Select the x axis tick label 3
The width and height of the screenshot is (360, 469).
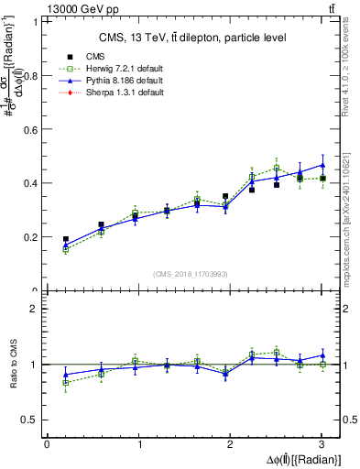click(x=322, y=444)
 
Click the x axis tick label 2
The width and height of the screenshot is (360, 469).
click(x=230, y=444)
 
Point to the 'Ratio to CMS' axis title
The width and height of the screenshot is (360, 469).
click(x=14, y=364)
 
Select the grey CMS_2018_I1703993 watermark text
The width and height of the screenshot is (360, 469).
click(x=192, y=274)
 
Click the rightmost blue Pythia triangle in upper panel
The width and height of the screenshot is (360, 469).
click(x=322, y=165)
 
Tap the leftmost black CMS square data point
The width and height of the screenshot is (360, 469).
click(x=65, y=239)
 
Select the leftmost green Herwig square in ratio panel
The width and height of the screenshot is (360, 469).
click(x=65, y=383)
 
